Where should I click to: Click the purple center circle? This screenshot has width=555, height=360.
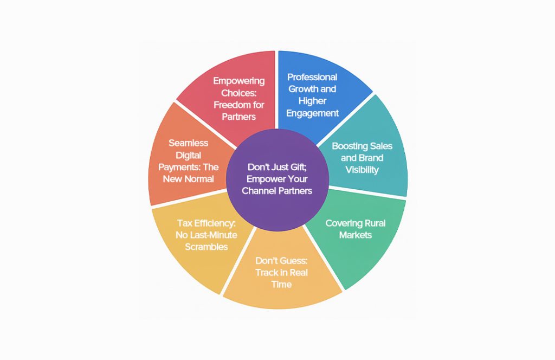(277, 180)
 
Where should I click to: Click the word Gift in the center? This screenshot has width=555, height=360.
(298, 167)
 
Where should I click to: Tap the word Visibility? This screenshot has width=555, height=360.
(362, 170)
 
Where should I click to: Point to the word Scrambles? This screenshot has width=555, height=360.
(206, 247)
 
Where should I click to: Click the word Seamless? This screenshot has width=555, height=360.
(188, 143)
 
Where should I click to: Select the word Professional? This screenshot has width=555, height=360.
(312, 77)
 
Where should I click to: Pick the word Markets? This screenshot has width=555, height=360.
(356, 235)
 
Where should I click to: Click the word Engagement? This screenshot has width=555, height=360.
(313, 114)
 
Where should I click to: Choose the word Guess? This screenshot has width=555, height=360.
(292, 261)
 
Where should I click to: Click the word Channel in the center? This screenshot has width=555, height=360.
(258, 191)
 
